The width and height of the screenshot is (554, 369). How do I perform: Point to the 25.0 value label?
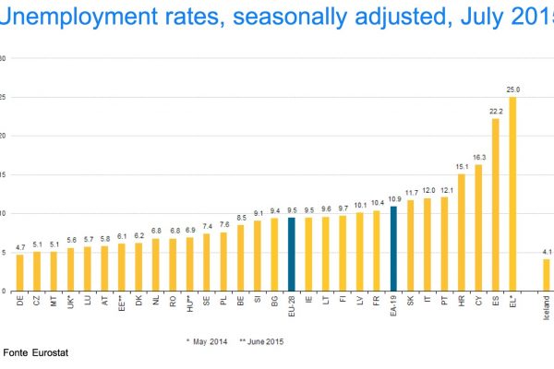(512, 89)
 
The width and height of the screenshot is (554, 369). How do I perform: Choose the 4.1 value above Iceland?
(546, 252)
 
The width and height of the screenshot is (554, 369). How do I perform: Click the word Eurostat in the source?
(51, 352)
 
